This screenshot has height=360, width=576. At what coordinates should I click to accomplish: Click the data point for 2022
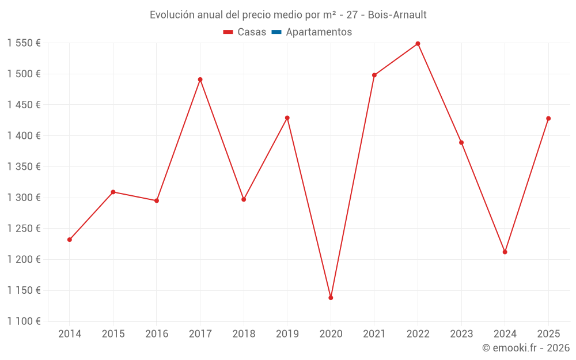coord(418,44)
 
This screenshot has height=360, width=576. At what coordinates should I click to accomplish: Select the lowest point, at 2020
coord(331,298)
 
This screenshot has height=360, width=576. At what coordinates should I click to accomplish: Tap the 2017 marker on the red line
coord(200,79)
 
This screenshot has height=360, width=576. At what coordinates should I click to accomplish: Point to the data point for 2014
coord(70,240)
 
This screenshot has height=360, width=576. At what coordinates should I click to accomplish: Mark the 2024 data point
coord(505,252)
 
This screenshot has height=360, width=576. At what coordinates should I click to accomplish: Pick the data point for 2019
coord(287,118)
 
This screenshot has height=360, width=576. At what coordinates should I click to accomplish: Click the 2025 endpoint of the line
coord(548,119)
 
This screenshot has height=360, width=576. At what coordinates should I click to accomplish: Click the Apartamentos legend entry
coord(319,32)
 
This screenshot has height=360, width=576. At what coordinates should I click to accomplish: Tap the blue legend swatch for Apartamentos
coord(276,32)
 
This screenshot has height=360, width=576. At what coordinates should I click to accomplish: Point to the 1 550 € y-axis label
coord(24,43)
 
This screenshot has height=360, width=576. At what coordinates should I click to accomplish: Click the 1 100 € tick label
coord(24,321)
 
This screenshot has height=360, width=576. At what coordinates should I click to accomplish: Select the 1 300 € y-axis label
coord(24,198)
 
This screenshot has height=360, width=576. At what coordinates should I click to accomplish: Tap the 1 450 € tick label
coord(24,105)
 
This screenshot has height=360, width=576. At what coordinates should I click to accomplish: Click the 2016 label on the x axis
coord(157,334)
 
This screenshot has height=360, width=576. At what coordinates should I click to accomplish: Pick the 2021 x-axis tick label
coord(374,334)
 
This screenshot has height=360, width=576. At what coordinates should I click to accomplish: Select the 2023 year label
coord(461,334)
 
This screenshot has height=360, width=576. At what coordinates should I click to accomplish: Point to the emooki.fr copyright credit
coord(526,348)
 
